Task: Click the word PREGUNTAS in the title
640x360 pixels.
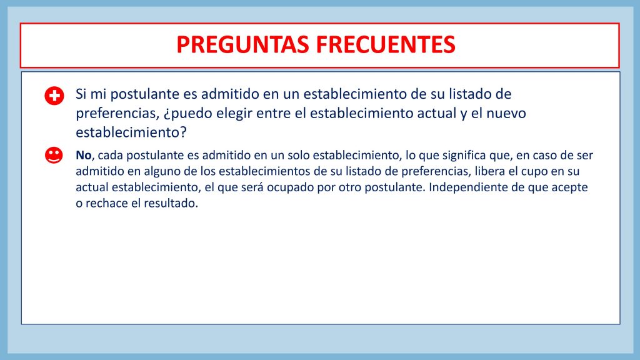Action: click(x=242, y=44)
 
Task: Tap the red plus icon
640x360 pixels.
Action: click(x=54, y=96)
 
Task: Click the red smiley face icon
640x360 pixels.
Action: click(x=54, y=155)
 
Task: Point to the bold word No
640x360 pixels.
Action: click(x=84, y=156)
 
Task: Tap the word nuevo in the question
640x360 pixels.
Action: click(x=506, y=114)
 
